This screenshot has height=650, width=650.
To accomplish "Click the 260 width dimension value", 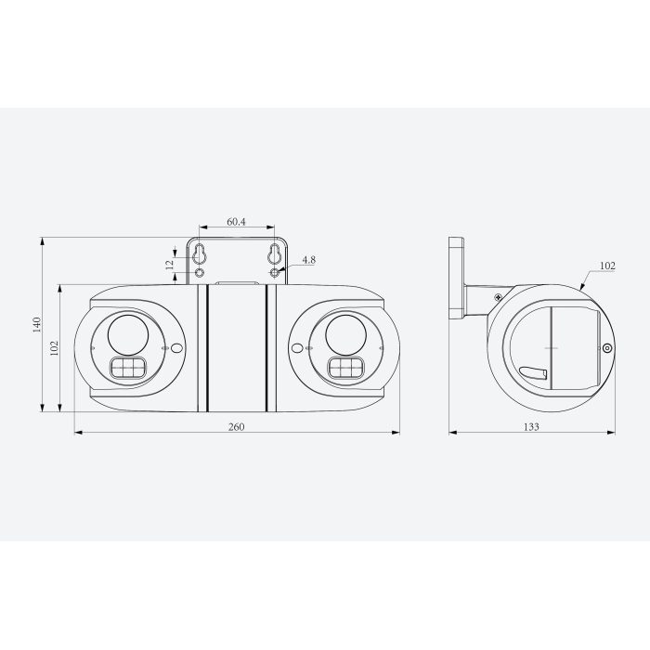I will tap(235, 426).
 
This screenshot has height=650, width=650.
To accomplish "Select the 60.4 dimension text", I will tap(236, 222).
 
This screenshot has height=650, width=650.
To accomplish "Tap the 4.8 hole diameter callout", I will tap(308, 260).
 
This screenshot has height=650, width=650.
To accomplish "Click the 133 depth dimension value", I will tap(530, 426).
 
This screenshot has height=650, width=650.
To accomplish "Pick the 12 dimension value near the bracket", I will tap(170, 264).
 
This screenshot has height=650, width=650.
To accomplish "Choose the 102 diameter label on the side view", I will tap(606, 266).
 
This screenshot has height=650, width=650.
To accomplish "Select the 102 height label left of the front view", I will tap(55, 348).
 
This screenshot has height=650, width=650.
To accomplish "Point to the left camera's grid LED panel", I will tap(128, 369).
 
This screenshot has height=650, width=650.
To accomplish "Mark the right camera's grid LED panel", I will tap(344, 369).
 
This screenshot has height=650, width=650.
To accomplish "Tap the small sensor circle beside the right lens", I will tap(297, 348).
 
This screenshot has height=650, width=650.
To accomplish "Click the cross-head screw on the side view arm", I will tap(499, 297).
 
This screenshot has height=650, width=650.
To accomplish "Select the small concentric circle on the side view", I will tap(606, 348).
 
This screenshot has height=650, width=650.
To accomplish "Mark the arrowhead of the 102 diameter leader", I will tap(580, 289).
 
